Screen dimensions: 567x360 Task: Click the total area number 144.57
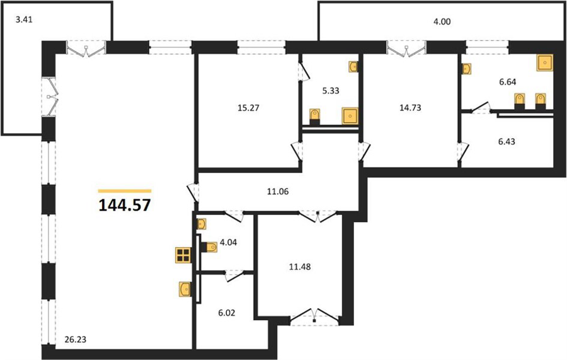click(124, 206)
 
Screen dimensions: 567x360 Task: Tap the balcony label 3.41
click(24, 20)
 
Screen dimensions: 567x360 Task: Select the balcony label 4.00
click(442, 21)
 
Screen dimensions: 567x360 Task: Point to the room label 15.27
click(249, 108)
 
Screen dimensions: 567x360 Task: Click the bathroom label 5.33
click(331, 91)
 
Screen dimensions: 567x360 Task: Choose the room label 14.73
click(410, 108)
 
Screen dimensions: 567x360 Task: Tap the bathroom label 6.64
click(507, 82)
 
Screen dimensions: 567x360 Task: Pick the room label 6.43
click(507, 141)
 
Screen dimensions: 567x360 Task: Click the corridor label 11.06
click(278, 192)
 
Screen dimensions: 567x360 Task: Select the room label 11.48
click(300, 267)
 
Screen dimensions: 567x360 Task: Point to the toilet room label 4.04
click(228, 242)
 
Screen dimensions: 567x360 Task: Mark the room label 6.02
click(226, 313)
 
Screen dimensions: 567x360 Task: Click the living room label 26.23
click(76, 340)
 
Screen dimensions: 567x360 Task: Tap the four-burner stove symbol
click(183, 255)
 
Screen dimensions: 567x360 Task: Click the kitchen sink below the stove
click(185, 289)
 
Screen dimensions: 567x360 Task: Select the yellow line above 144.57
click(125, 191)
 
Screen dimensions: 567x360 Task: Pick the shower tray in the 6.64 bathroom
click(545, 63)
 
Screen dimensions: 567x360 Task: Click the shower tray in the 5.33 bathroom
click(350, 115)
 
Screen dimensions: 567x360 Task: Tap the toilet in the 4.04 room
click(209, 248)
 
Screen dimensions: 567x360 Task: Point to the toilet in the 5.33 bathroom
click(315, 117)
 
